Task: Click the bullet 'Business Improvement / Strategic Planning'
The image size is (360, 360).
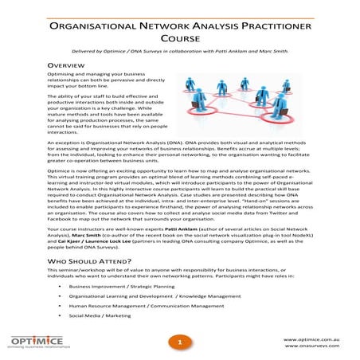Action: pyautogui.click(x=119, y=284)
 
